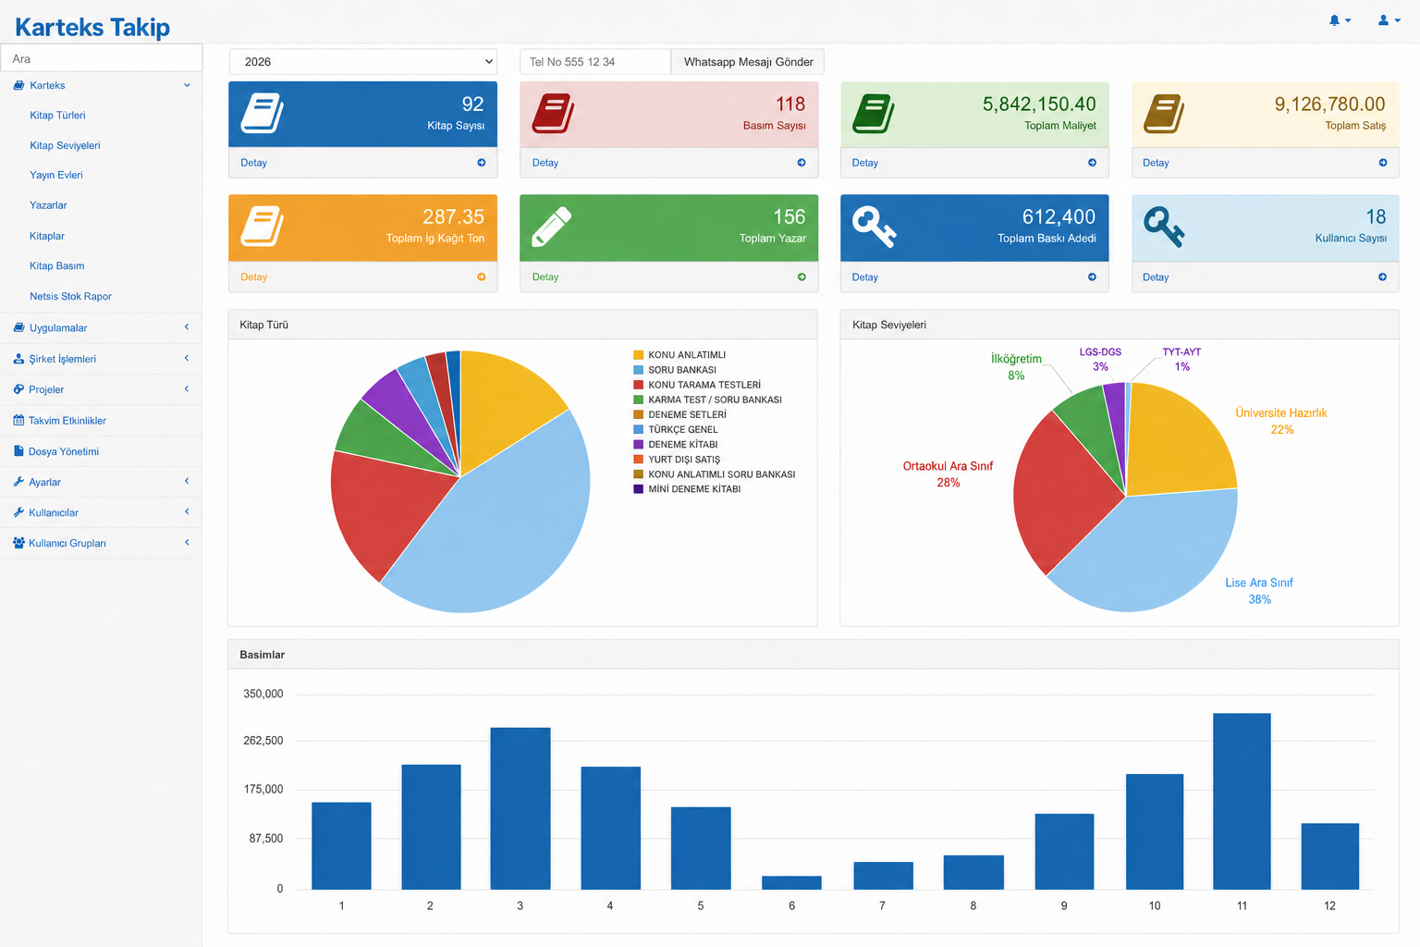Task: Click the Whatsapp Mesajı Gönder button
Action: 747,62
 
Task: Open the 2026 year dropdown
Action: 362,62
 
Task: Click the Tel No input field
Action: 594,62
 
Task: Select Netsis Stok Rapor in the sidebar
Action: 70,296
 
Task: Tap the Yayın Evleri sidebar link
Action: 55,175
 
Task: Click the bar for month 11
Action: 1242,801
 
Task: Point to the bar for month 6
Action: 791,882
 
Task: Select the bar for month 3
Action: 520,808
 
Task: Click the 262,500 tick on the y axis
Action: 263,740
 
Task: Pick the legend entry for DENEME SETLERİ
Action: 679,414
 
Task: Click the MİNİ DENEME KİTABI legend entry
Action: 687,489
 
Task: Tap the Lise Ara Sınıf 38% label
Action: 1259,591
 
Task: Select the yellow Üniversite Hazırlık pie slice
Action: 1178,441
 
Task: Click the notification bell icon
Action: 1334,20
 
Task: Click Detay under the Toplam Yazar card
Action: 545,277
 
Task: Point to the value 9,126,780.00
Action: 1329,104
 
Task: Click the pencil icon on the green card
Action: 551,227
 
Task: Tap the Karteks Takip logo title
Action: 92,27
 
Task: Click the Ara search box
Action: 102,58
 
